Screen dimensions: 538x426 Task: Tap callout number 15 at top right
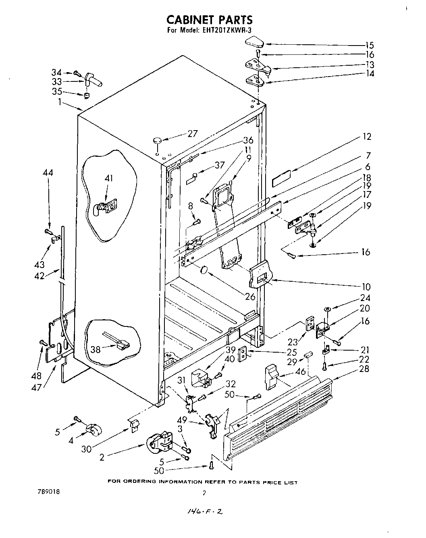pos(369,46)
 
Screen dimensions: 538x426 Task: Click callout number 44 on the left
pos(48,172)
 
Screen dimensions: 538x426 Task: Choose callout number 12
pos(366,137)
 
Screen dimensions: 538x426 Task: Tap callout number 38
pos(96,350)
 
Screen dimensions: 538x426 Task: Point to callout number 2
pos(102,457)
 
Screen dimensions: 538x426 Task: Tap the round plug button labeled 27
pos(157,140)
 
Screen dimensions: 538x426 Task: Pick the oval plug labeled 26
pos(205,270)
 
